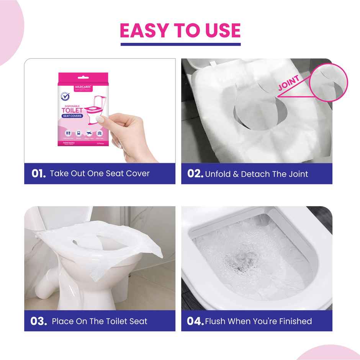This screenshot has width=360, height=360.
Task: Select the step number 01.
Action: point(38,173)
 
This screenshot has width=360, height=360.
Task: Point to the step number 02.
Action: point(195,173)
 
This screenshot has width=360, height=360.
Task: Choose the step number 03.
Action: point(38,321)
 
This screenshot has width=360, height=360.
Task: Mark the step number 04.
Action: point(195,321)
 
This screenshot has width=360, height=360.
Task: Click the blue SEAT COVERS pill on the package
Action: point(72,116)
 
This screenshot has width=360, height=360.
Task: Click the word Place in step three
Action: point(63,321)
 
